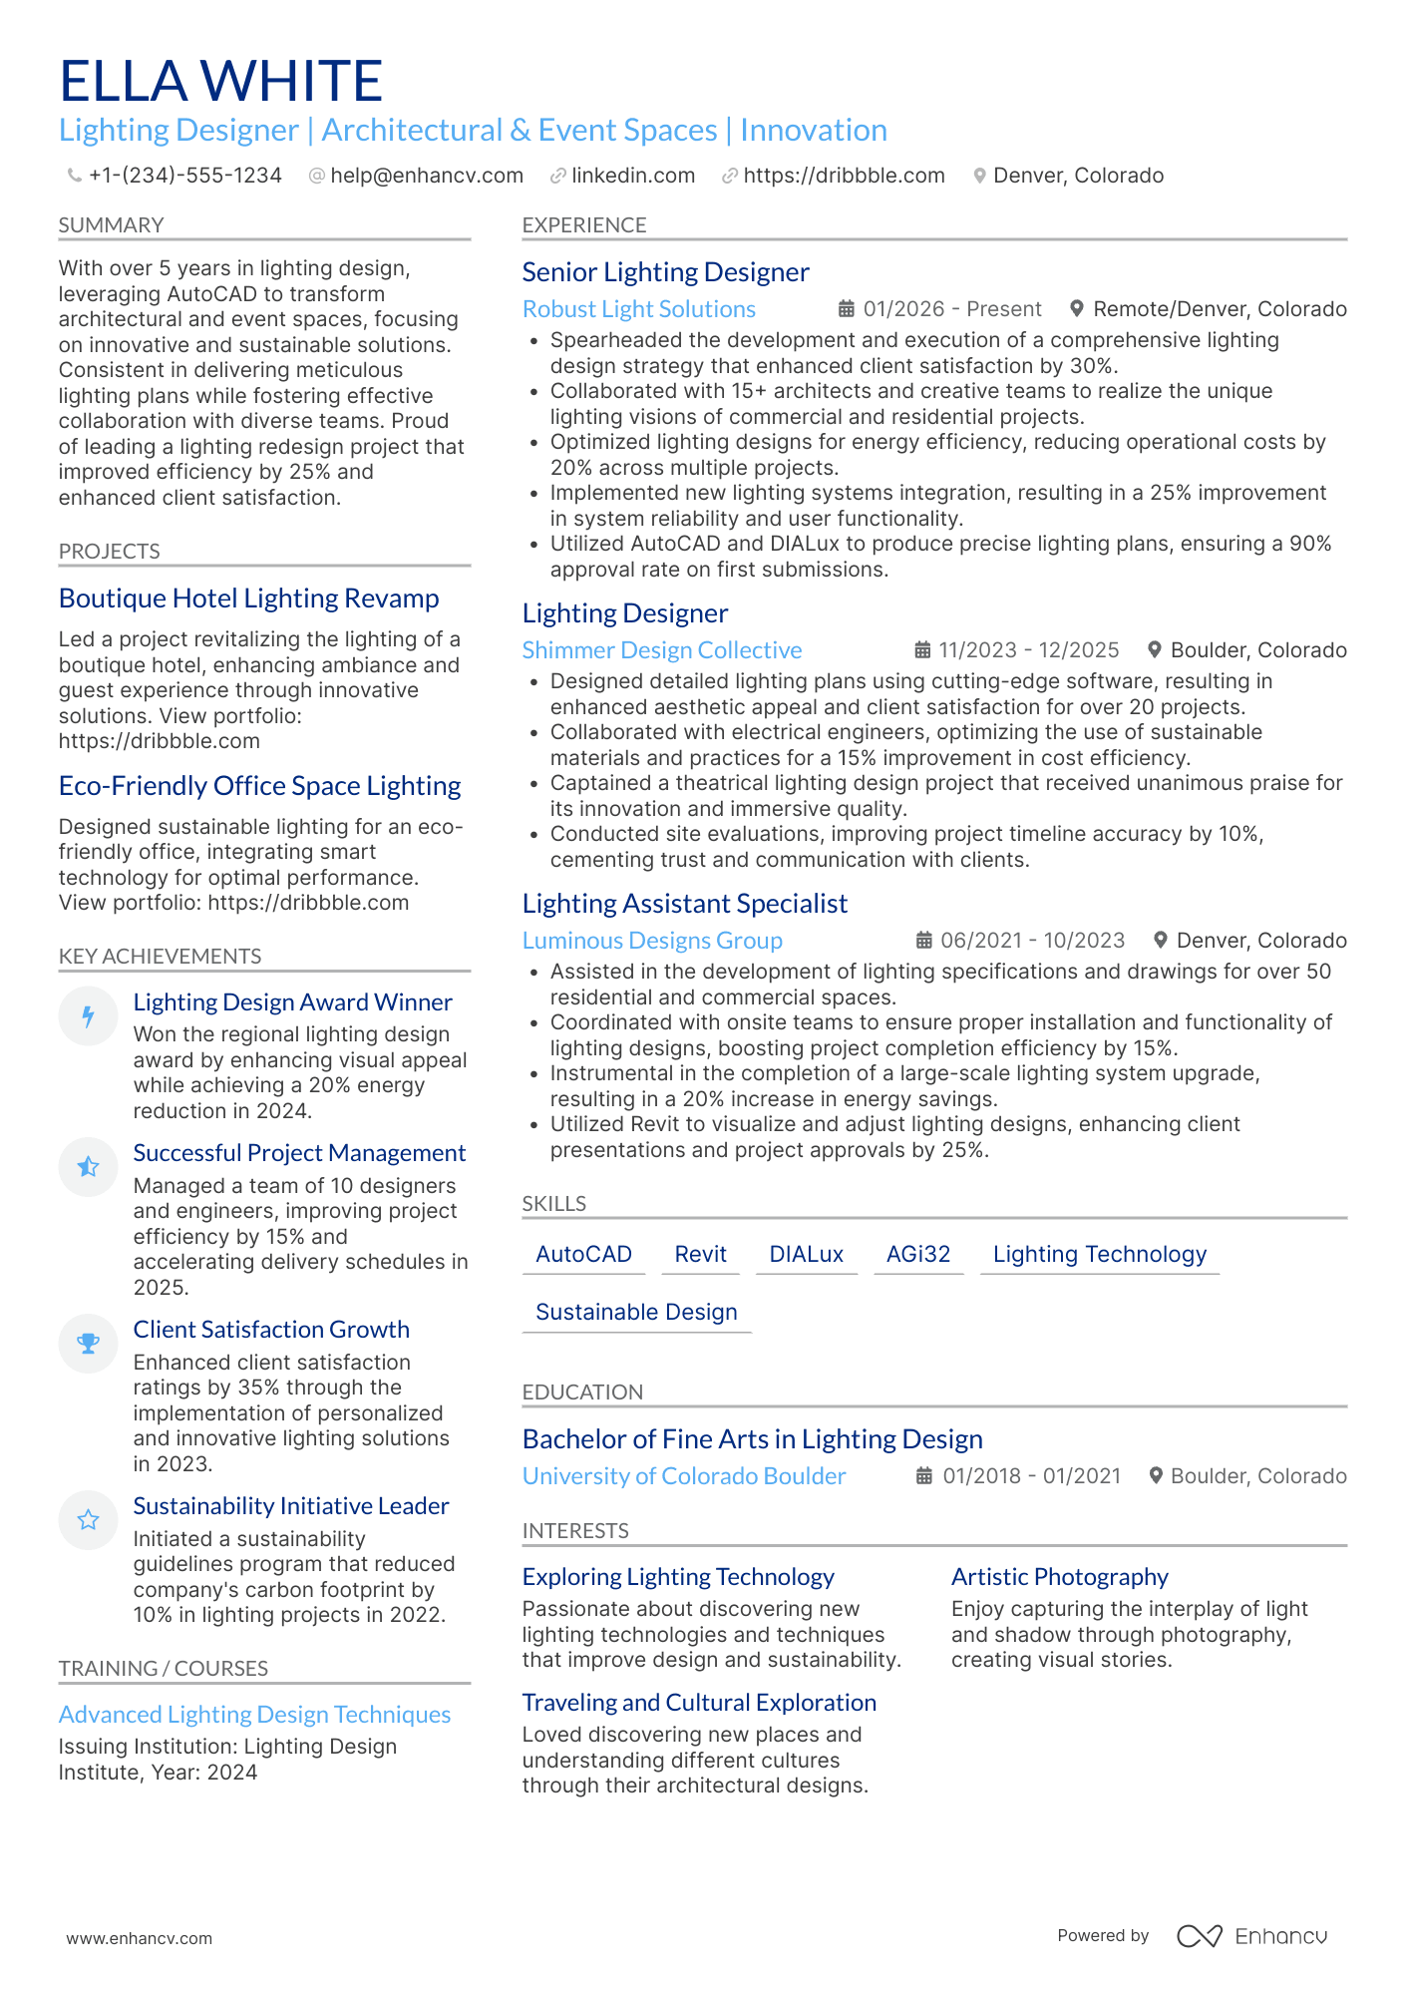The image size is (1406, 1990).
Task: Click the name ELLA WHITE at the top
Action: (x=220, y=81)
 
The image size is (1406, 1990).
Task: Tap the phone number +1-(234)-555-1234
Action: (x=184, y=176)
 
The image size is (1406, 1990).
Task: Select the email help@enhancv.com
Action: (x=426, y=176)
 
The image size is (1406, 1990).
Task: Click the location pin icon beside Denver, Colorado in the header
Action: (x=979, y=176)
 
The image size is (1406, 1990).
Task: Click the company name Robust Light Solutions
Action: (x=638, y=309)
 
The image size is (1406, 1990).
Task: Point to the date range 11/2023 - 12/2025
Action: (x=1028, y=650)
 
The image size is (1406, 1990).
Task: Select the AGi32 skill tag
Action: (x=917, y=1254)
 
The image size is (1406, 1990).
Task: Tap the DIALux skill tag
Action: (x=806, y=1254)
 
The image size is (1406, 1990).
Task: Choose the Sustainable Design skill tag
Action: (x=636, y=1312)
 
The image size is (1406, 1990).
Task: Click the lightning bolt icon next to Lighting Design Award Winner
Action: (x=89, y=1016)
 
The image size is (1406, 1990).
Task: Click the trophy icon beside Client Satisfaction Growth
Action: (x=89, y=1344)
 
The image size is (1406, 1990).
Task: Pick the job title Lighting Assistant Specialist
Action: (x=684, y=904)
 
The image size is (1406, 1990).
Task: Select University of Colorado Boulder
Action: (x=683, y=1476)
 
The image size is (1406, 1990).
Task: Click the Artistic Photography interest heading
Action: (x=1059, y=1577)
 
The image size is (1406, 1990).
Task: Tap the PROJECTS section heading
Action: (x=109, y=552)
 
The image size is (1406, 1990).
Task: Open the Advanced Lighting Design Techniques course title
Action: (x=254, y=1715)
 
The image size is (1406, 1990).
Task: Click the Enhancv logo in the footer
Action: (x=1251, y=1936)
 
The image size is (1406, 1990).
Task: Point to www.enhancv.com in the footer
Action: (x=139, y=1938)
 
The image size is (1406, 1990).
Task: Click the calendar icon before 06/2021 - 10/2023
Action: (x=924, y=941)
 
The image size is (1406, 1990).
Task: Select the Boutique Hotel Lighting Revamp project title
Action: (x=248, y=598)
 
